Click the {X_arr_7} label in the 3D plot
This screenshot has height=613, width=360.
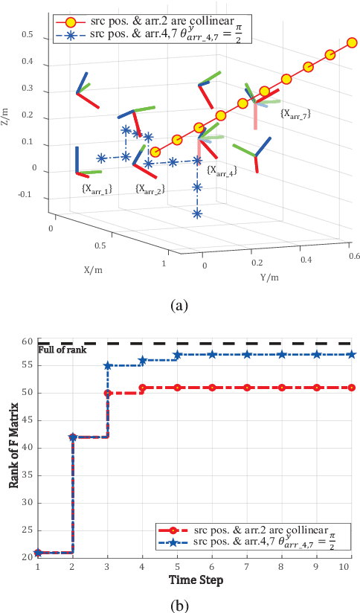(295, 114)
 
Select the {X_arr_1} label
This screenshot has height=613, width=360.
(97, 190)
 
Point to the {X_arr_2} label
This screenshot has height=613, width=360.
(150, 190)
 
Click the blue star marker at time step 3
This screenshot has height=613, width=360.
(108, 365)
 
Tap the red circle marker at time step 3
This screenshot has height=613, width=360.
(108, 393)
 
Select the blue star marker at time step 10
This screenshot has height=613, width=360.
(352, 355)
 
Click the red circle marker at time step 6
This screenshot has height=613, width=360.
(213, 388)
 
